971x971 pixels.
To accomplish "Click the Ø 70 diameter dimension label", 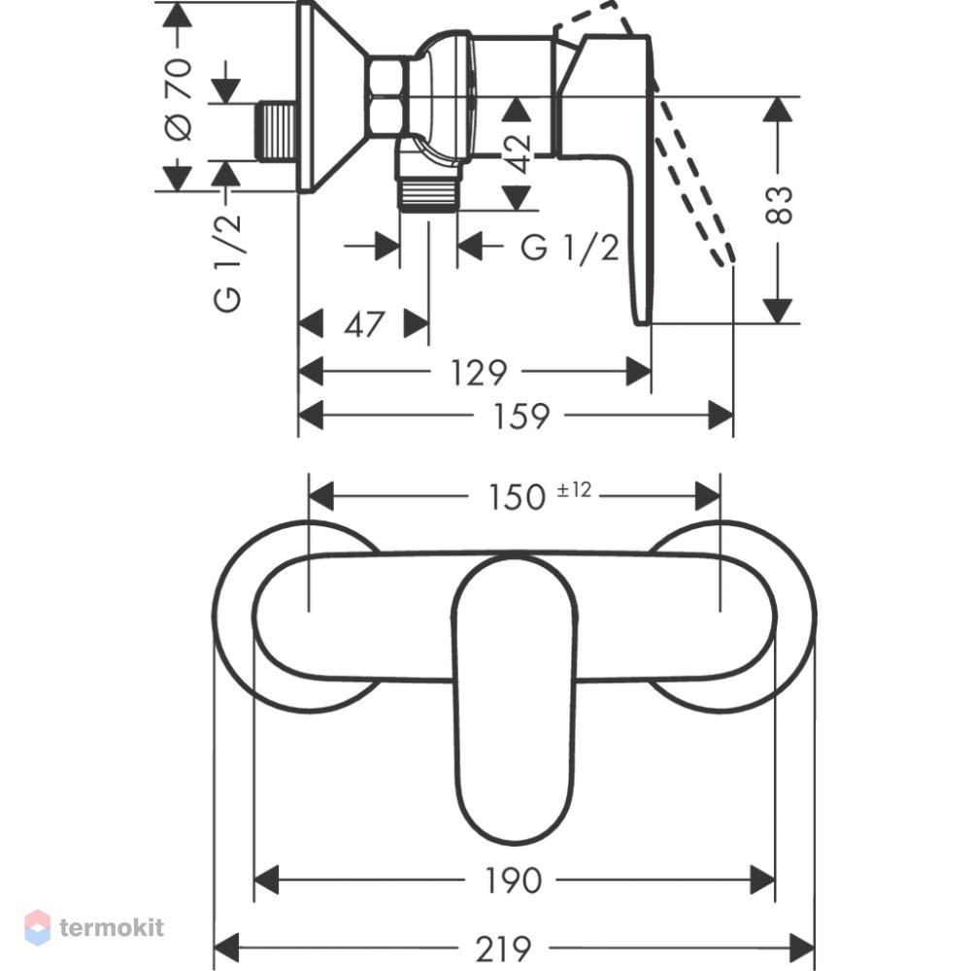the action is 179,99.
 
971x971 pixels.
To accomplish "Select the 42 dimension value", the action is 518,153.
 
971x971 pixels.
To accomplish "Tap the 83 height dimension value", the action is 779,205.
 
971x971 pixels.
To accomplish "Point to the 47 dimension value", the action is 363,324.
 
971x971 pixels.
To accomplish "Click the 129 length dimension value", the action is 479,373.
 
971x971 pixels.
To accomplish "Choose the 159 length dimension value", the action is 520,417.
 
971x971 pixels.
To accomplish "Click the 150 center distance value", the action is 518,497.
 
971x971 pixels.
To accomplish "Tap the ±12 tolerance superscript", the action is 574,489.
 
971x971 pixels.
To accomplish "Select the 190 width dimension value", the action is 513,881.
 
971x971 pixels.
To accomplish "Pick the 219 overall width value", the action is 503,949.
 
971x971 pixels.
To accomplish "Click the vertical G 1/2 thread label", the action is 227,262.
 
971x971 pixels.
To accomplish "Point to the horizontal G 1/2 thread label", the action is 570,248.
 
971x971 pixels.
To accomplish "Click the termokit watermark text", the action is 112,927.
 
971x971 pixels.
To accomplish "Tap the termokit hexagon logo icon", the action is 38,927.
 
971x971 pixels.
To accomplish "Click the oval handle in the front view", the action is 515,699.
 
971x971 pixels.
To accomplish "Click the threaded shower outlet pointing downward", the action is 428,193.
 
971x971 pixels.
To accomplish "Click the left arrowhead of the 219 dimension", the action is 226,949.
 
